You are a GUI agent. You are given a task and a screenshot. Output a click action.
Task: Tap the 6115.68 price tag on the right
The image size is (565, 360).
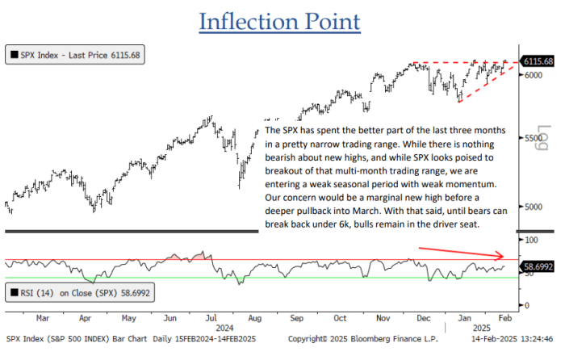point(538,61)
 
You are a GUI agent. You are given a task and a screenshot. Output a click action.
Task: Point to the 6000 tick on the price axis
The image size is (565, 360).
point(533,75)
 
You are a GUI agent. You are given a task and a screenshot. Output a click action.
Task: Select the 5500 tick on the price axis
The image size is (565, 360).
point(533,139)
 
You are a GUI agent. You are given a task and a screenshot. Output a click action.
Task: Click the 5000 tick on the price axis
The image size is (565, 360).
point(533,207)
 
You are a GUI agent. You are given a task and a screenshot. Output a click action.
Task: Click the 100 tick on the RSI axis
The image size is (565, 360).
point(530,241)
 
